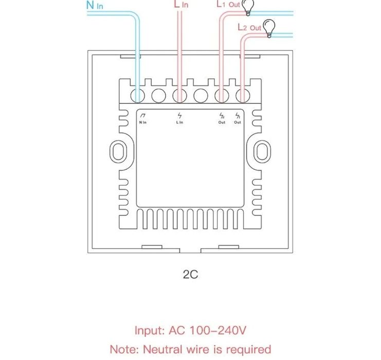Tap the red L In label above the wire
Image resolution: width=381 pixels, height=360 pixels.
coord(182,4)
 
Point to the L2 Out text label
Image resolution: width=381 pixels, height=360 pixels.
coord(249,27)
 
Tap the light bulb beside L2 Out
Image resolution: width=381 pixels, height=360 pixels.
coord(268,27)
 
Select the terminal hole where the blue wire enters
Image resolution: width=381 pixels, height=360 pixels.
coord(138,95)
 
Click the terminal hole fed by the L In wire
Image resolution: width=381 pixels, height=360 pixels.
coord(179,95)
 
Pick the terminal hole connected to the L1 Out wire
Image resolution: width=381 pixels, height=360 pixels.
coord(221,95)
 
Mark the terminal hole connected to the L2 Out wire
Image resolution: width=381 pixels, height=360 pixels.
coord(242,95)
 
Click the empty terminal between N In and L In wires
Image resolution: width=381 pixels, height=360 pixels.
coord(158,95)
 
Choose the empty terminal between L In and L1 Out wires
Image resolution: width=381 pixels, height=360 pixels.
coord(200,95)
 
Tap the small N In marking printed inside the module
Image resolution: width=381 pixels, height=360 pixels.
coord(143,122)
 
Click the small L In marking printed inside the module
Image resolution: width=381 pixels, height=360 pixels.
coord(179,122)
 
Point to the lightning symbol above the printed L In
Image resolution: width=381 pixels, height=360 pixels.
coord(179,116)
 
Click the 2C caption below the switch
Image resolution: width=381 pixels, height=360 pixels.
coord(190,274)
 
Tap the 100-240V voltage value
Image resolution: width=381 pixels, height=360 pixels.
coord(216,330)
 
